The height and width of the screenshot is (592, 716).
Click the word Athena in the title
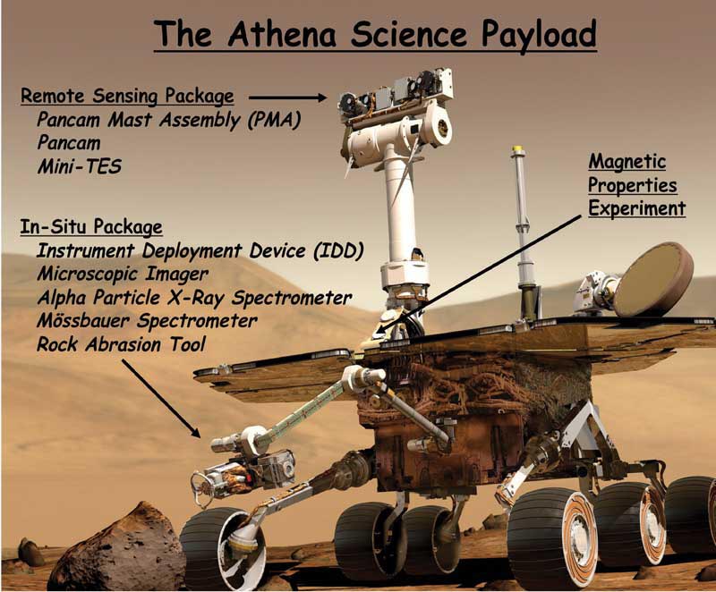[x=282, y=34]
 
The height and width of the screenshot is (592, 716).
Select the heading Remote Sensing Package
[x=127, y=97]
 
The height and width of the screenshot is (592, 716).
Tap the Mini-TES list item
[x=80, y=166]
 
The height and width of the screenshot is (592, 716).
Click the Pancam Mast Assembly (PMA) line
[x=168, y=120]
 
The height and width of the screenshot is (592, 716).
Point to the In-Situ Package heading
[x=91, y=226]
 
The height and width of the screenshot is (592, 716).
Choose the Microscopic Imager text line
[x=123, y=274]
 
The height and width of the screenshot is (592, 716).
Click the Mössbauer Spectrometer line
[x=147, y=320]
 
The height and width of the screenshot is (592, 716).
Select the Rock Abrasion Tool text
[x=121, y=344]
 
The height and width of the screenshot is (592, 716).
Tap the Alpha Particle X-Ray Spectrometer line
[x=194, y=298]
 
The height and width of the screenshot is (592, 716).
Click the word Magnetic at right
[x=627, y=162]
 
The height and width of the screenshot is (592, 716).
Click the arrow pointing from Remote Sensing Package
[x=287, y=97]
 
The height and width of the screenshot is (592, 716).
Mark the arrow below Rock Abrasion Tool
[x=161, y=398]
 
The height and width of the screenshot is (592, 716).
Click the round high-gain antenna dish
[x=652, y=279]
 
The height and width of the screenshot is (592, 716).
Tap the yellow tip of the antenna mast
[x=517, y=149]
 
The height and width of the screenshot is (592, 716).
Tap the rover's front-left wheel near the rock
[x=223, y=546]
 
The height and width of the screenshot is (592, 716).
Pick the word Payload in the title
[x=539, y=35]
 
